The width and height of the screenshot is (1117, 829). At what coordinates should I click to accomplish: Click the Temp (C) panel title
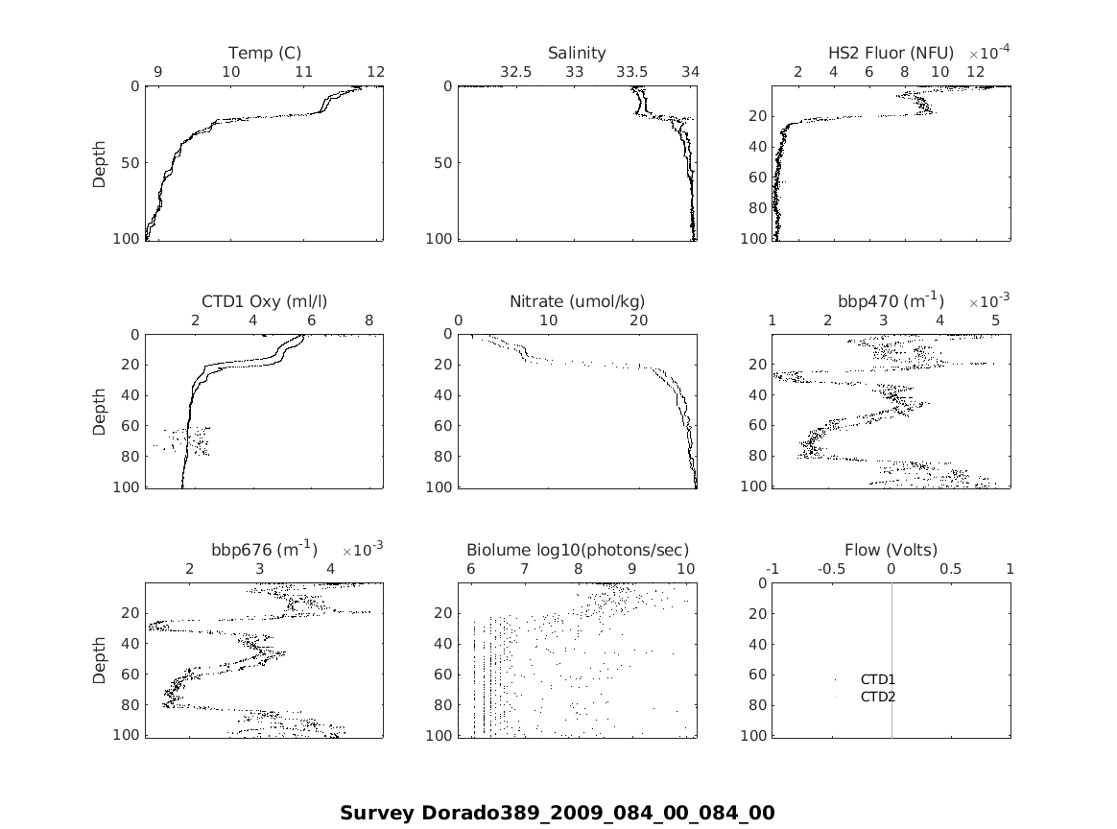(265, 53)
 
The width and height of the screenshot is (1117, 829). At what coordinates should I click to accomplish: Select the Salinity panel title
(577, 53)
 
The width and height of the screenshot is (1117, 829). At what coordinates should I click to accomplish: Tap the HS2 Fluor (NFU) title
(891, 53)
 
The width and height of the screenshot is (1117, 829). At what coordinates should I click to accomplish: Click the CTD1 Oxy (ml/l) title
(265, 301)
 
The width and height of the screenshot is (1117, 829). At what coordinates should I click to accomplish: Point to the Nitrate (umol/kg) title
(577, 301)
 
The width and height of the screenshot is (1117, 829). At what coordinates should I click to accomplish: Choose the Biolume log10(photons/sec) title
(577, 550)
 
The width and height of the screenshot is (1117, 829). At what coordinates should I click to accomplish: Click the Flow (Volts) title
(891, 550)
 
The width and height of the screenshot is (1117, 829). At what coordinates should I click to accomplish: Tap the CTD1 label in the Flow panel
(878, 679)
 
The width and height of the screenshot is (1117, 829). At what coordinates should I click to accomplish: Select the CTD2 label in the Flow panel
(878, 697)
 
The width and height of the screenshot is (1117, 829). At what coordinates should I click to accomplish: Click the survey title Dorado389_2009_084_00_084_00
(558, 813)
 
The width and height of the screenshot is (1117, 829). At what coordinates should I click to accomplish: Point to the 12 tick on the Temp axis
(376, 72)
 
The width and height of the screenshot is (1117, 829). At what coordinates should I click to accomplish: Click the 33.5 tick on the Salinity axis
(631, 72)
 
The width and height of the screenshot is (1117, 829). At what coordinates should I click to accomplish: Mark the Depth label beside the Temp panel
(100, 162)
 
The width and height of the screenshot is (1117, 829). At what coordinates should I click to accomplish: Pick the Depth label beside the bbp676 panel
(100, 659)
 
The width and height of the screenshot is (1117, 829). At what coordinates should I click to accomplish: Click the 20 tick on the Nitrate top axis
(638, 320)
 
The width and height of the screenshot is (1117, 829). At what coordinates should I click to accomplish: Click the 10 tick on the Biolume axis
(685, 569)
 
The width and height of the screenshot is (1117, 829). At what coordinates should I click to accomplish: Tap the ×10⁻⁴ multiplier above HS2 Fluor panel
(988, 52)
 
